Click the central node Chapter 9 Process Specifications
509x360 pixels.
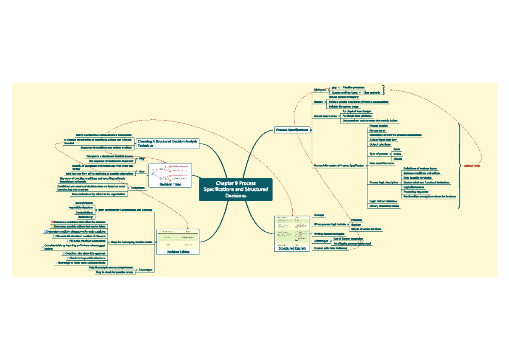coord(236,189)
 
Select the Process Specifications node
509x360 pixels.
coord(292,129)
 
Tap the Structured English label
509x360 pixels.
coord(291,249)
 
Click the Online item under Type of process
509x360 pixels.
coord(397,154)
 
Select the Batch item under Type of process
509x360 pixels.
coord(397,149)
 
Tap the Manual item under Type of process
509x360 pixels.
coord(398,158)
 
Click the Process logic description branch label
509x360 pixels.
coord(383,182)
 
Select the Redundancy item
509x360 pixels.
coord(85,217)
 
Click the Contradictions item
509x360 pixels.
coord(85,212)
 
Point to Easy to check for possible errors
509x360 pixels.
coord(115,272)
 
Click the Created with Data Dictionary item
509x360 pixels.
coord(330,248)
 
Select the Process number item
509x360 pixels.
coord(379,126)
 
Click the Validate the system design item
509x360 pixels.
coord(344,107)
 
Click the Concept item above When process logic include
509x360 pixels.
coord(319,215)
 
